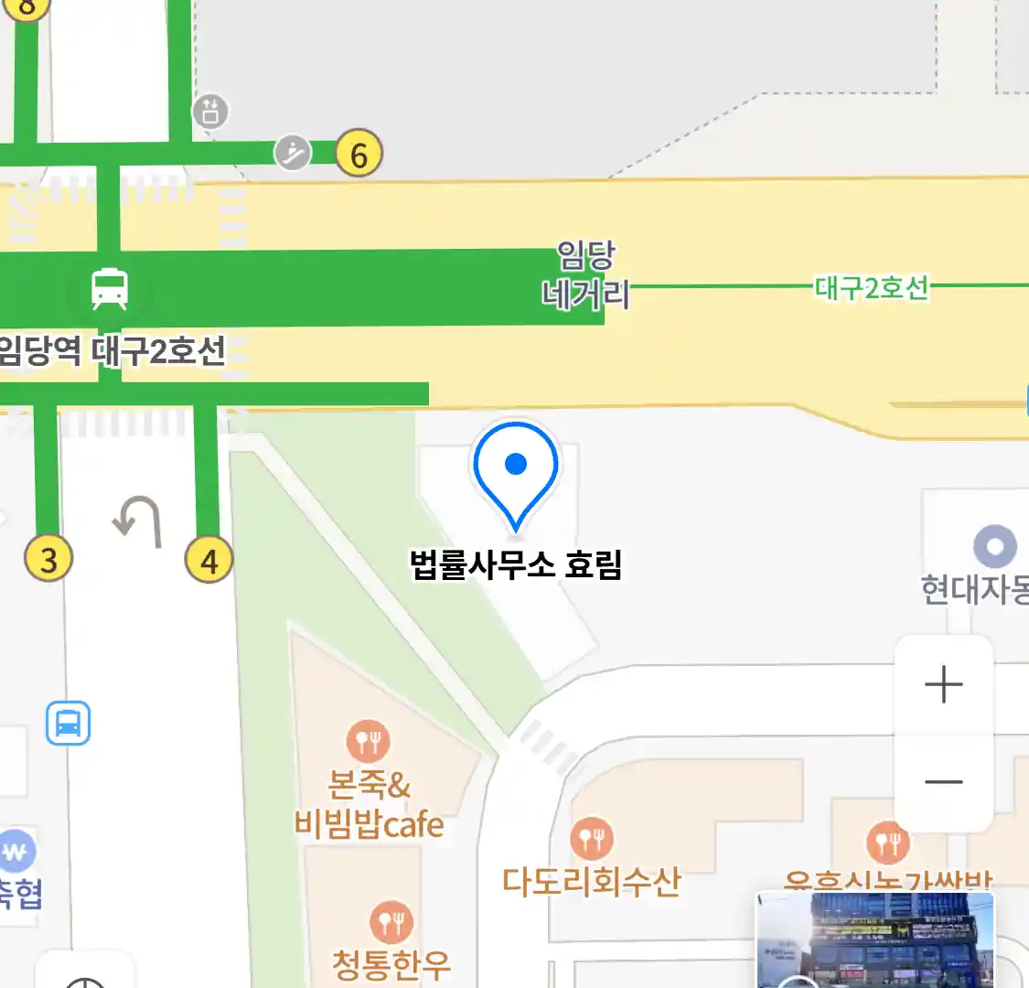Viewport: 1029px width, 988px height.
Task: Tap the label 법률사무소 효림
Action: (x=516, y=564)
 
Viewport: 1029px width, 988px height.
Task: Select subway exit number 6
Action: (x=359, y=154)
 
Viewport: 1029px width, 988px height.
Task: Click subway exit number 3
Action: (x=48, y=559)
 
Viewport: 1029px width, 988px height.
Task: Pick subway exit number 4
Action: (x=209, y=560)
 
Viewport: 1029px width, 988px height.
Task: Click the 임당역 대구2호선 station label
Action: (x=112, y=350)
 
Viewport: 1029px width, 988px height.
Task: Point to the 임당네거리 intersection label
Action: (x=585, y=274)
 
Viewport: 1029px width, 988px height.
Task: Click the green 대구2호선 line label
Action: (x=872, y=288)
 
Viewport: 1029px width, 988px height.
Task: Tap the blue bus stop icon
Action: (x=69, y=723)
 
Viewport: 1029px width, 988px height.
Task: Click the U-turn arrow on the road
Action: (x=139, y=521)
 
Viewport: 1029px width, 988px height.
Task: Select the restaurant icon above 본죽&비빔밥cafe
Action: (x=369, y=742)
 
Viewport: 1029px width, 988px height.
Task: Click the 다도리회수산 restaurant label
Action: (x=592, y=881)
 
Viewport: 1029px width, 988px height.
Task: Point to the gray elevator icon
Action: (x=210, y=112)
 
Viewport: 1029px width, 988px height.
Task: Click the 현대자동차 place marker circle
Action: (x=995, y=547)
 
